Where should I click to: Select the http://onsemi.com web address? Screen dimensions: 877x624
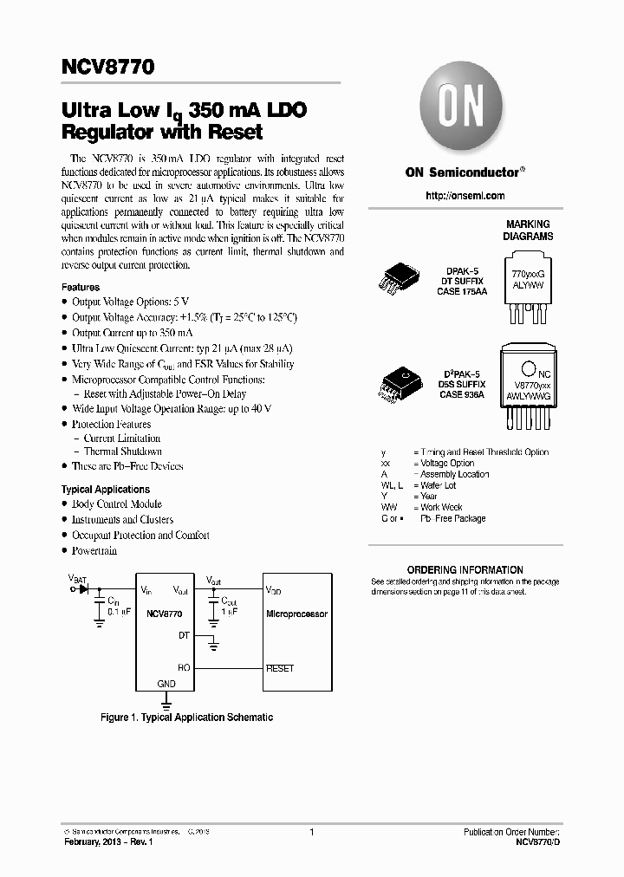click(x=465, y=196)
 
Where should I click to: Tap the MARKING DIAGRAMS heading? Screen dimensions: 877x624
click(x=528, y=230)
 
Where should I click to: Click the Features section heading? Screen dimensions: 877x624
click(x=81, y=287)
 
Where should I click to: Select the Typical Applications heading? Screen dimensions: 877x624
click(x=106, y=490)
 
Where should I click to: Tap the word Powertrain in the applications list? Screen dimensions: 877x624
click(x=94, y=551)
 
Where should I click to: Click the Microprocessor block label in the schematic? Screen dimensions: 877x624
click(x=296, y=614)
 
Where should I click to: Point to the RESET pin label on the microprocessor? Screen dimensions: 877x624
click(x=281, y=668)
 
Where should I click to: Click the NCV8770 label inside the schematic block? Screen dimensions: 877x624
click(x=165, y=614)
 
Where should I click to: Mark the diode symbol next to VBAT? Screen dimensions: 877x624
click(x=84, y=588)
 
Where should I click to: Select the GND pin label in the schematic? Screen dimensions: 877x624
click(x=166, y=684)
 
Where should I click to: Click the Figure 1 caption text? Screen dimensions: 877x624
click(x=186, y=718)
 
